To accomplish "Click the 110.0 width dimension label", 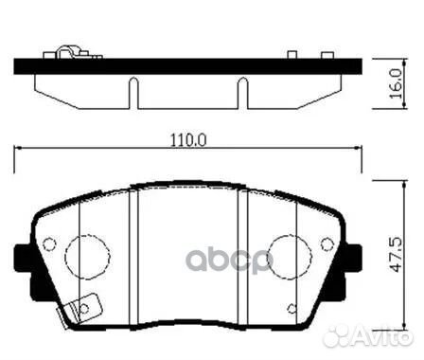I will coord(187,139).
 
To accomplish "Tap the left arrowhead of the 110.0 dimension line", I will coord(21,151).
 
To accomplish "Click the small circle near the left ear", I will coord(50,243).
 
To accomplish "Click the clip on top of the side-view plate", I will coord(67,55).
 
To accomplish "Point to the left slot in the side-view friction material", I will coord(132,91).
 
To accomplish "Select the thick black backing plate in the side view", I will coord(189,68).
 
